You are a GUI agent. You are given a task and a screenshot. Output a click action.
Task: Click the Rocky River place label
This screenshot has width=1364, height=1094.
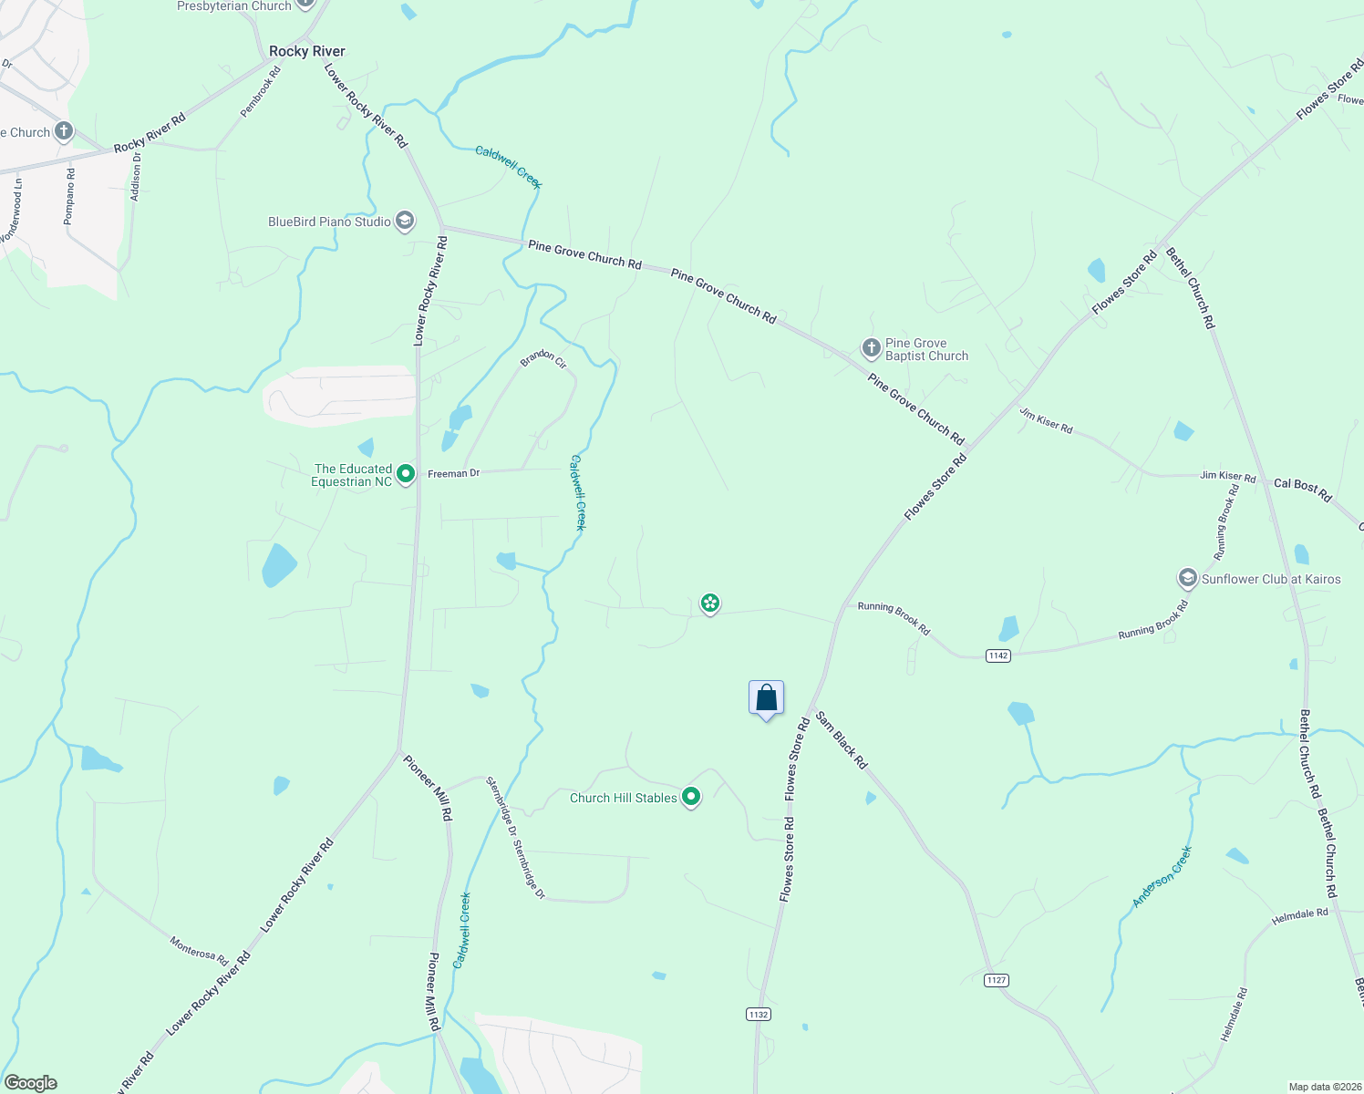click(306, 51)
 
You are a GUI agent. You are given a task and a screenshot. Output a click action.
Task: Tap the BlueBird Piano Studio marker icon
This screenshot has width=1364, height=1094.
click(405, 222)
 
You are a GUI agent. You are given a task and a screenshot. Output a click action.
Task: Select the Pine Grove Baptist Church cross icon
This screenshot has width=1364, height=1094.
click(871, 347)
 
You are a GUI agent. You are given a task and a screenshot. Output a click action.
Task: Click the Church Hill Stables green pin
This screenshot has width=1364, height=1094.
click(691, 797)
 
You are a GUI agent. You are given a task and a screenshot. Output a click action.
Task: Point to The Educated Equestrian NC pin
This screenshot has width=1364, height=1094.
click(406, 474)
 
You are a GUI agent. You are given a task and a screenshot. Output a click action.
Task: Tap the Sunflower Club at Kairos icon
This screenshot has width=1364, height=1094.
click(1187, 578)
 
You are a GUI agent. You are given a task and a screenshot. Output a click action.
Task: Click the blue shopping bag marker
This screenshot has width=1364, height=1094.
click(766, 698)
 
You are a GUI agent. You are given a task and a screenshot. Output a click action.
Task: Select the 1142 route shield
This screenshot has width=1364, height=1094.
click(997, 655)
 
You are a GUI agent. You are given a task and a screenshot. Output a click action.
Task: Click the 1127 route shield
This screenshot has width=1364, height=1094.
click(996, 980)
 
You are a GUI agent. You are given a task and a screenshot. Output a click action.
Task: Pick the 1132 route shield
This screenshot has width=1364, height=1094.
click(758, 1014)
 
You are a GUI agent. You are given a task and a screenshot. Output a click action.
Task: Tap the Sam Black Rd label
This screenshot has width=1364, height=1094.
click(841, 740)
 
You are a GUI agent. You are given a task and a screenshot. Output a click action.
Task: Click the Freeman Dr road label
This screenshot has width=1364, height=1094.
click(453, 473)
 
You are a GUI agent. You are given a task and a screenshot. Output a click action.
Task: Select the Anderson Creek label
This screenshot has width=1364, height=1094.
click(1162, 876)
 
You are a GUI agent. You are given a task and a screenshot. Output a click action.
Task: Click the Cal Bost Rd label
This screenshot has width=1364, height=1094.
click(1302, 490)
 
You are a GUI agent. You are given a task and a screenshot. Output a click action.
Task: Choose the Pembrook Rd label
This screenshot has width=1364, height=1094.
click(260, 91)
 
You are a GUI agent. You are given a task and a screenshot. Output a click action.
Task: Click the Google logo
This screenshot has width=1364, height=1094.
click(30, 1083)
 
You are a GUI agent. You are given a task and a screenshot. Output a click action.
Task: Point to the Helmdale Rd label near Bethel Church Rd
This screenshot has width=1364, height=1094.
click(1299, 916)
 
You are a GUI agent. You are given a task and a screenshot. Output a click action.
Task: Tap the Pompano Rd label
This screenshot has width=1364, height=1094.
click(69, 196)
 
